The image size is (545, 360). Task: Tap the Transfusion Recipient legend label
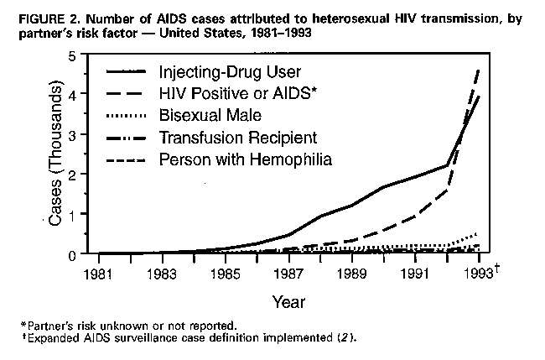coord(226,137)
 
